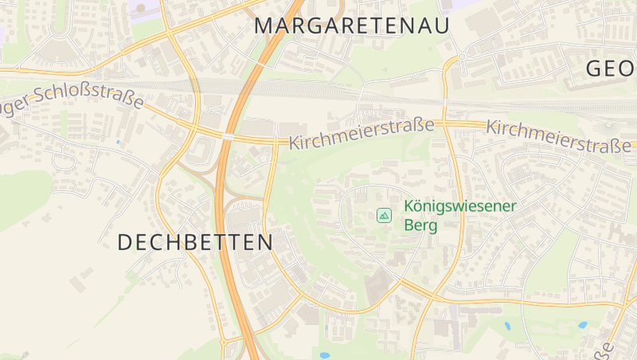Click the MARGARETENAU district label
pos(352,25)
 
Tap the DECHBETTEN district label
pos(195,242)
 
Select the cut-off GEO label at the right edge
pos(611,68)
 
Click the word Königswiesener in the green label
pos(460,206)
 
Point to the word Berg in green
pos(421,225)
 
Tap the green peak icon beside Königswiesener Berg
pos(385,215)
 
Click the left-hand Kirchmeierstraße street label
pos(361,135)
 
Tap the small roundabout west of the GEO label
pos(462,57)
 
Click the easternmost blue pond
pos(583,325)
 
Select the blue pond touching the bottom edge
pos(324,355)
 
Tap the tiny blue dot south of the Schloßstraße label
pos(119,143)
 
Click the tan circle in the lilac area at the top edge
pos(141,8)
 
